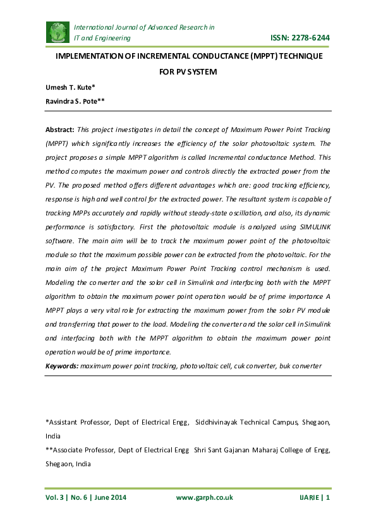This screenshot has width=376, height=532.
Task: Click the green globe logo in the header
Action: [58, 32]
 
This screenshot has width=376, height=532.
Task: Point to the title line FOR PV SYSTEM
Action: [188, 72]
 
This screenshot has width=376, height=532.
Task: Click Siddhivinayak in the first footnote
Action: [220, 421]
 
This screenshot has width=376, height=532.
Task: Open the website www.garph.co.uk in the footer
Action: [204, 498]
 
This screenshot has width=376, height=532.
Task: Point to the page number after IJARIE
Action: [328, 498]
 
